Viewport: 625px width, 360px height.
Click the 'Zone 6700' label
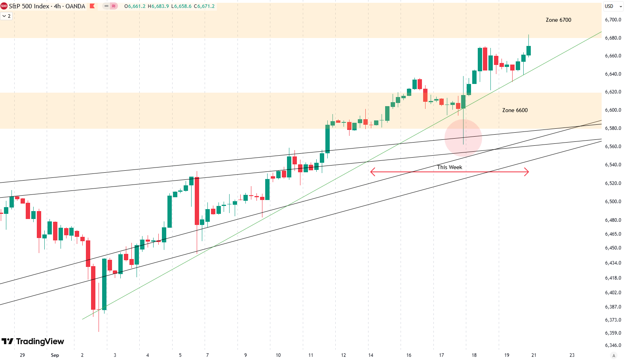pyautogui.click(x=558, y=20)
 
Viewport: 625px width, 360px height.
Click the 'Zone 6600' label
pyautogui.click(x=515, y=110)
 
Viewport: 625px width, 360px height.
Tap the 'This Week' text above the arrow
pyautogui.click(x=449, y=167)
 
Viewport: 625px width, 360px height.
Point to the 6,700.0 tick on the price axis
pyautogui.click(x=613, y=20)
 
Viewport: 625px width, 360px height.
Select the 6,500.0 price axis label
pyautogui.click(x=613, y=202)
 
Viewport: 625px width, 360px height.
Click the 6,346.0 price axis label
pyautogui.click(x=613, y=345)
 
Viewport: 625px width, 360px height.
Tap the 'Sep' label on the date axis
pyautogui.click(x=55, y=355)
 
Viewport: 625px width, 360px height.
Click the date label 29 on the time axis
pyautogui.click(x=22, y=355)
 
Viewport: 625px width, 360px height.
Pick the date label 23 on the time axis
pyautogui.click(x=572, y=355)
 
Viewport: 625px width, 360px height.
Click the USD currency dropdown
pyautogui.click(x=613, y=6)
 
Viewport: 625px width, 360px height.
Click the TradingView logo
pyautogui.click(x=33, y=341)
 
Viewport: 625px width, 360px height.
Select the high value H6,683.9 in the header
pyautogui.click(x=158, y=6)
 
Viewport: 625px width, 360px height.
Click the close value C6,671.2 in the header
pyautogui.click(x=204, y=6)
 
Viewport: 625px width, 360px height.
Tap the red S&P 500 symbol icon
pyautogui.click(x=4, y=6)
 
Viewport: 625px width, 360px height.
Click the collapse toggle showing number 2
pyautogui.click(x=6, y=16)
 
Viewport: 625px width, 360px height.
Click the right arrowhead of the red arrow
pyautogui.click(x=526, y=172)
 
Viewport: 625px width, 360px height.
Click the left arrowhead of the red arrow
pyautogui.click(x=372, y=172)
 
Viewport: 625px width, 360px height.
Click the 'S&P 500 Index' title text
pyautogui.click(x=29, y=6)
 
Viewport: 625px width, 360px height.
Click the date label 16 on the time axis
pyautogui.click(x=408, y=355)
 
